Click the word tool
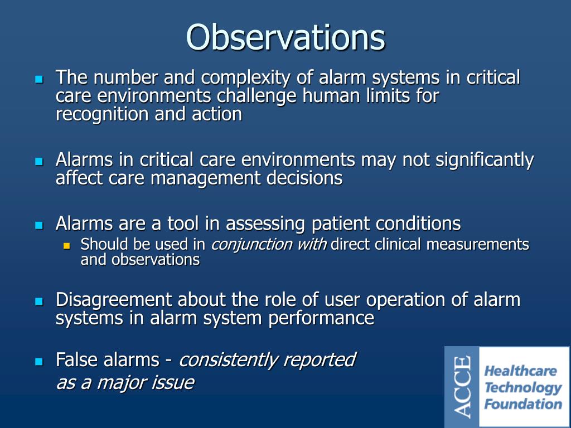pyautogui.click(x=174, y=224)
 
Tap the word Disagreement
pyautogui.click(x=114, y=300)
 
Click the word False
pyautogui.click(x=77, y=360)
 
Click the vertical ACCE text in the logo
pyautogui.click(x=462, y=387)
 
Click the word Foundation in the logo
pyautogui.click(x=523, y=404)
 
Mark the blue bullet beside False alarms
pyautogui.click(x=38, y=362)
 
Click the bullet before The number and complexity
pyautogui.click(x=38, y=79)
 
